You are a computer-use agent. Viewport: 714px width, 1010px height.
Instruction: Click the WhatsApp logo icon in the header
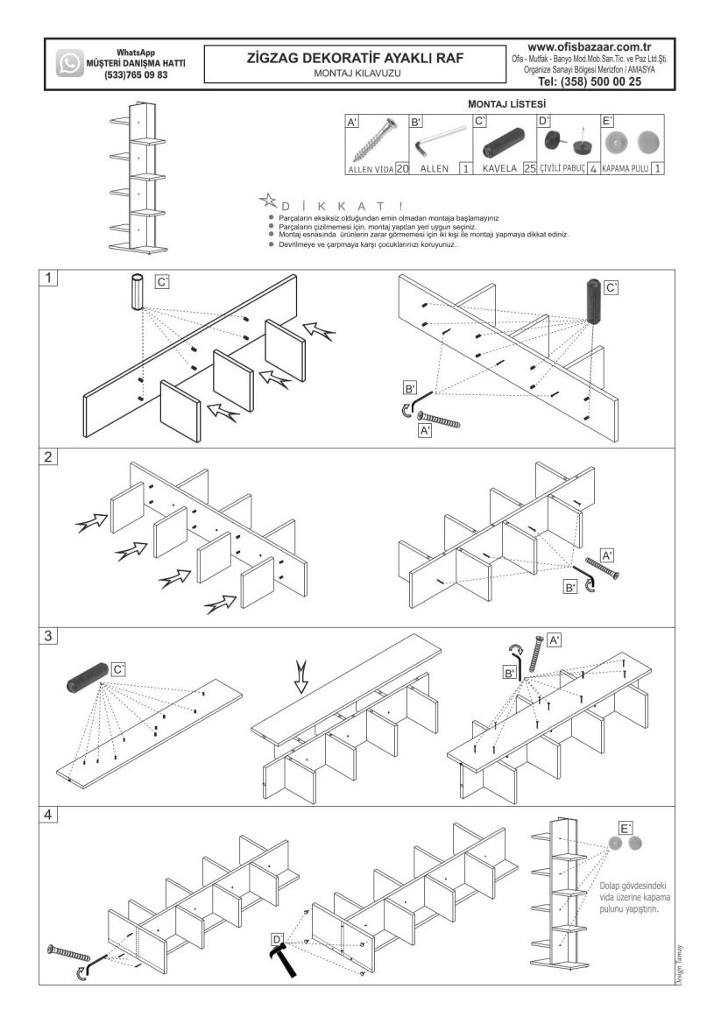coord(69,63)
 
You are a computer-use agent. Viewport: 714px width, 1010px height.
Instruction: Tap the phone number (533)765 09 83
coord(136,74)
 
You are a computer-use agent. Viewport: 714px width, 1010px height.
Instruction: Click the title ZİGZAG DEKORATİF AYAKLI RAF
coord(355,58)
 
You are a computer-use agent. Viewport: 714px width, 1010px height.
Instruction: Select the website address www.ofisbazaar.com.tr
coord(589,47)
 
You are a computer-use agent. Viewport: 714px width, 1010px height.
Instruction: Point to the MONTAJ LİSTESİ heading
coord(506,103)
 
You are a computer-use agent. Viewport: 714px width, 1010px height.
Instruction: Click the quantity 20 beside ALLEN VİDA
coord(402,169)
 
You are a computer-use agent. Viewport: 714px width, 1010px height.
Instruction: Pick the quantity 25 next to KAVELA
coord(530,169)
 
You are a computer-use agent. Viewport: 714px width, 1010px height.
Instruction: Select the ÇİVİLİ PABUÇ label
coord(562,169)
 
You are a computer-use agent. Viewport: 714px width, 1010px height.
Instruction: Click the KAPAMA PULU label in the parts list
coord(625,169)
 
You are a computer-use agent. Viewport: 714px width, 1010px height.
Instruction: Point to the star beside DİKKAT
coord(267,201)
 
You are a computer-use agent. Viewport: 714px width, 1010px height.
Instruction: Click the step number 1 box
coord(48,279)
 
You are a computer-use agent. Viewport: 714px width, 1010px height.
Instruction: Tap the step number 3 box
coord(48,636)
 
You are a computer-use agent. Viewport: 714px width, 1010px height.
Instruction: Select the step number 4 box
coord(48,815)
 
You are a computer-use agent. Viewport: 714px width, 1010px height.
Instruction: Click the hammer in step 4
coord(284,958)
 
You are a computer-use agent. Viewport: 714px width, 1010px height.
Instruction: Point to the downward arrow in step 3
coord(301,676)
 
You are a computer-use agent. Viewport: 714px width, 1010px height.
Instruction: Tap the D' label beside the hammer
coord(278,939)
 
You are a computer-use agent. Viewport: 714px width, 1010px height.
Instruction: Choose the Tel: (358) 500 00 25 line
coord(589,81)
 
